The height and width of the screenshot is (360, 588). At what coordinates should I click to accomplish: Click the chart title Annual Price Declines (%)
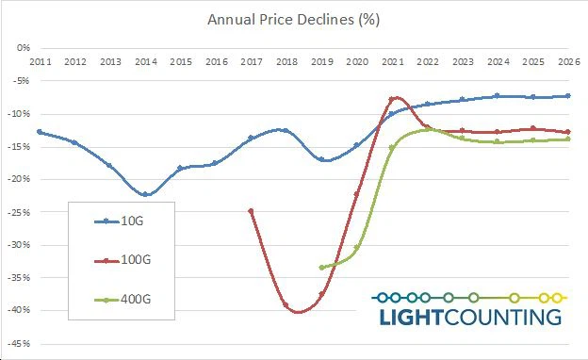point(294,18)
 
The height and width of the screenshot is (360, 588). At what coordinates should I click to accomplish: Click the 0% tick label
point(24,47)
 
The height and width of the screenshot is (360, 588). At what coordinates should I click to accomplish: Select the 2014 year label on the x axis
point(145,62)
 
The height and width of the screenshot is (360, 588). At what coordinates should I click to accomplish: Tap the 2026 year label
point(568,62)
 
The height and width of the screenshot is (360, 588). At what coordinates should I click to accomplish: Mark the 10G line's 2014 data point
point(145,194)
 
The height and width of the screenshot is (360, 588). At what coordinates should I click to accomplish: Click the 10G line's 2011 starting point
point(40,132)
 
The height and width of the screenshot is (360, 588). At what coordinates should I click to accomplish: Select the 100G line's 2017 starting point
point(251,211)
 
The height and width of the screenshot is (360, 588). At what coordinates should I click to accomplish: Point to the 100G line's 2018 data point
point(286,304)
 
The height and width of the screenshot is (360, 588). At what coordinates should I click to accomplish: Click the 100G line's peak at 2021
point(393,98)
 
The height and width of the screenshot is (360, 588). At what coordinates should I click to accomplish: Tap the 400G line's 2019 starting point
point(321,268)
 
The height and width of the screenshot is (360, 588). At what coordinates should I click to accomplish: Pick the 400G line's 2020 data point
point(357,248)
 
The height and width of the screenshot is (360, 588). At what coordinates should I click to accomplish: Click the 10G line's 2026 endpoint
point(567,95)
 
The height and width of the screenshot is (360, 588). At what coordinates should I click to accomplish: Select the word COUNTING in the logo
point(504,316)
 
